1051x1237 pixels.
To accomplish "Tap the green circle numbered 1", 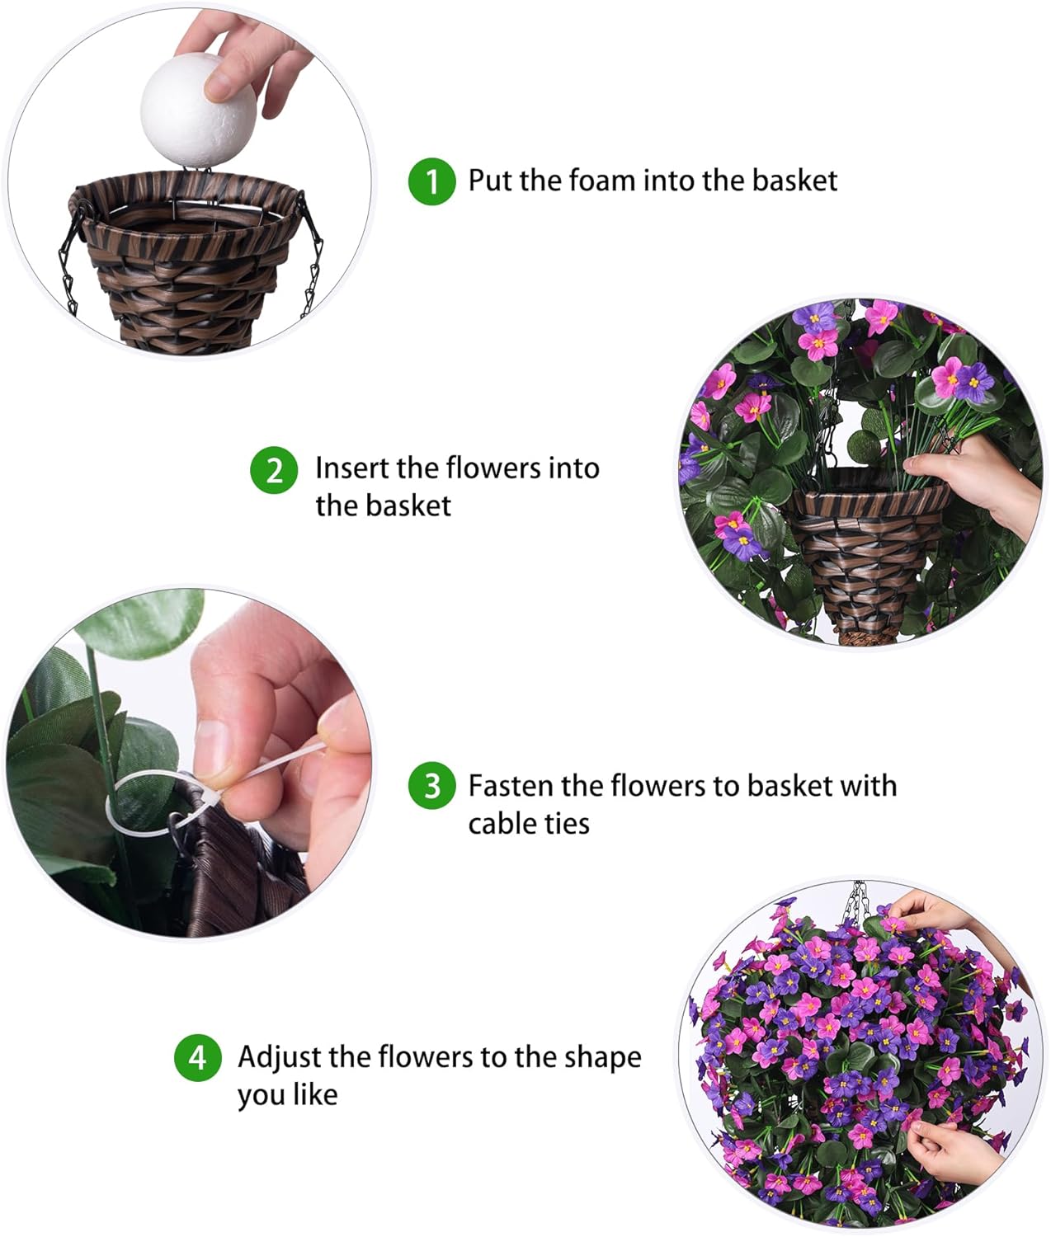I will pos(431,181).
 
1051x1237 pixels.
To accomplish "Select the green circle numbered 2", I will pos(274,470).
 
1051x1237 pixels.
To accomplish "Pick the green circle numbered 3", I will pos(431,786).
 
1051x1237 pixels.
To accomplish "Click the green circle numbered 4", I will pos(197,1057).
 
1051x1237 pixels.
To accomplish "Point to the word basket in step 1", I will pos(794,181).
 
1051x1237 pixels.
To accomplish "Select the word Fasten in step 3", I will pos(511,786).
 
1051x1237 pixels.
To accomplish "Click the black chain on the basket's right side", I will pos(313,256).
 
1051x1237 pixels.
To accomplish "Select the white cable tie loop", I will pos(144,804).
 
